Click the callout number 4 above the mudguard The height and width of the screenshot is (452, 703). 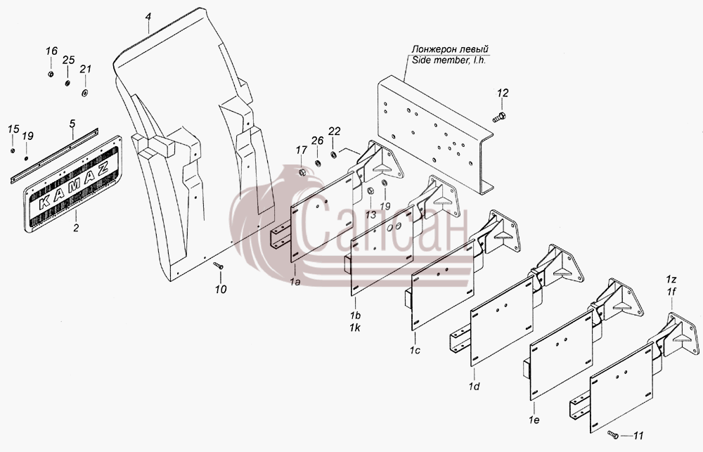pos(148,17)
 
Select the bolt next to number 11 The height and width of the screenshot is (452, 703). pos(613,434)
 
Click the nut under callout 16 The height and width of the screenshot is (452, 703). pos(51,74)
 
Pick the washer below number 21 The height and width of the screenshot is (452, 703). pos(84,93)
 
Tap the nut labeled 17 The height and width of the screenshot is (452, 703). pos(302,172)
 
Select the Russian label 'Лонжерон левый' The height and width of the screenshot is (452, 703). pos(450,49)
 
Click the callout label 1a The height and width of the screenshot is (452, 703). pos(295,282)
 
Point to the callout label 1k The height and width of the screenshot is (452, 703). pos(354,328)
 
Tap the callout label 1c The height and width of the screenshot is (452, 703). pos(415,350)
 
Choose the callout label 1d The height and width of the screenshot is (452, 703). pos(474,386)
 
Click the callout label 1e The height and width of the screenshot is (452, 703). pos(534,420)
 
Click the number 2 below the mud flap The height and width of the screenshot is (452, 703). pos(76,228)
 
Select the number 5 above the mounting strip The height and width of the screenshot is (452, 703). pos(72,123)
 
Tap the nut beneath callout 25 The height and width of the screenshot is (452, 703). pos(67,83)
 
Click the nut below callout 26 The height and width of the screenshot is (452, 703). pos(318,162)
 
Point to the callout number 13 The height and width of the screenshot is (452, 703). pos(370,214)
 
